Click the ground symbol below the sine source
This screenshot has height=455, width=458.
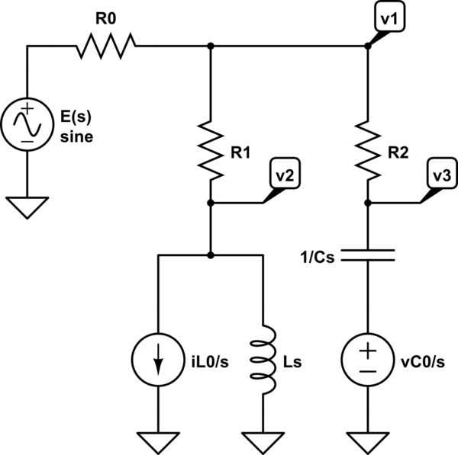point(27,207)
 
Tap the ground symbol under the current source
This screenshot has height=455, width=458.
point(158,441)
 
